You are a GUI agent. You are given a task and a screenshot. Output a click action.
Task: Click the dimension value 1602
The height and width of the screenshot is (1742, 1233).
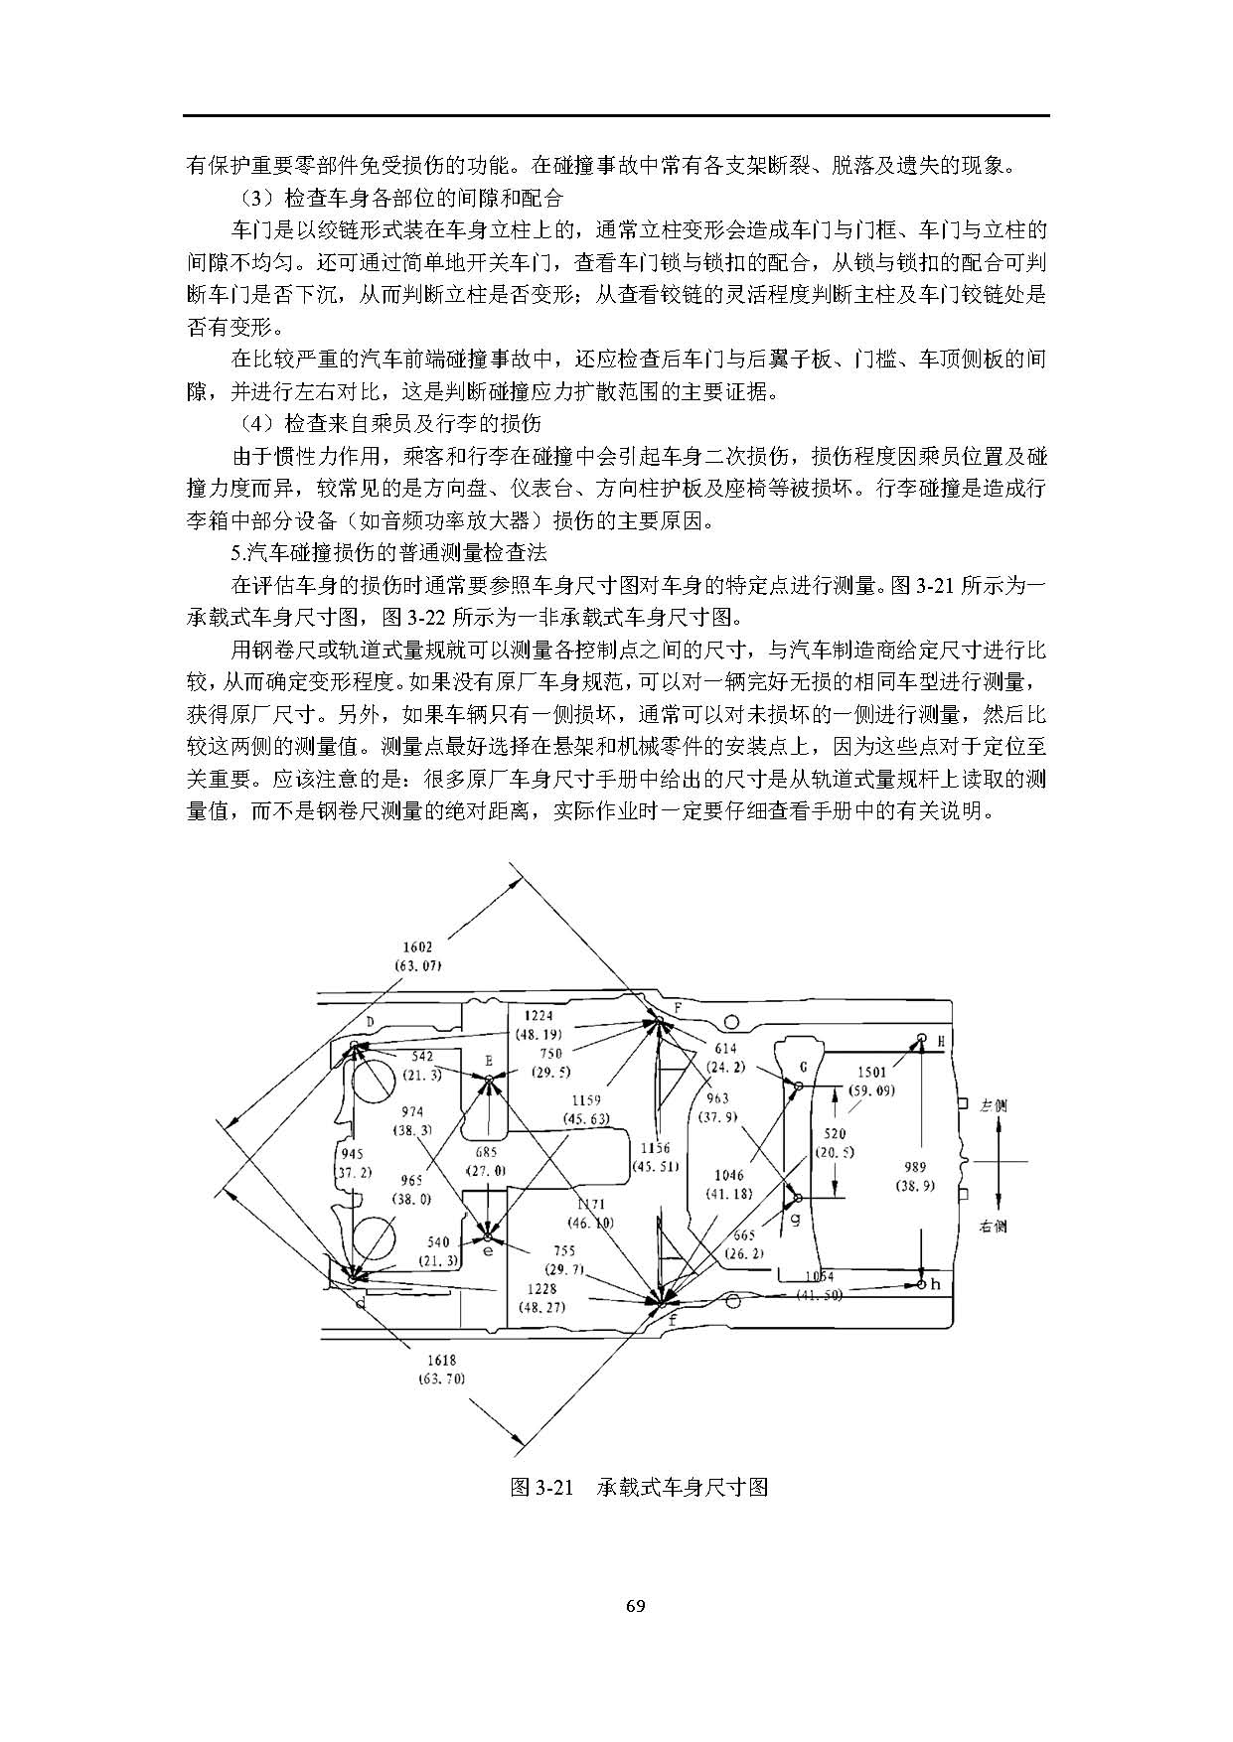pos(417,946)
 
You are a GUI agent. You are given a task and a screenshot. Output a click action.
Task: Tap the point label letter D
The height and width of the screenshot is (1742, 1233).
pos(370,1021)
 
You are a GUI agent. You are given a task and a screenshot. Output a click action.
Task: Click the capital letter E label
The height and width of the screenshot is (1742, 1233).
pos(489,1061)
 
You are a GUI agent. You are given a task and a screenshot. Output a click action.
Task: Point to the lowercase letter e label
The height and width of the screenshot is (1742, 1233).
pos(488,1251)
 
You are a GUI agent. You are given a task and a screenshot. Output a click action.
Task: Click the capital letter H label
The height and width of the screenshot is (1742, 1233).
pos(940,1040)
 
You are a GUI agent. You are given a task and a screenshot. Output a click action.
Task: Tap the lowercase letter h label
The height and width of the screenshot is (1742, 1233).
pos(935,1284)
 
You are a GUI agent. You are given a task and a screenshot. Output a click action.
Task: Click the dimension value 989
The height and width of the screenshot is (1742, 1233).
pos(913,1167)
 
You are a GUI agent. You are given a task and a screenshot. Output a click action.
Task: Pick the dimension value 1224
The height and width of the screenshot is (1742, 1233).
pos(538,1016)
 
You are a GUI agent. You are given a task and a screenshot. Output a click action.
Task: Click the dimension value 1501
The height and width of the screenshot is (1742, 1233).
pos(871,1073)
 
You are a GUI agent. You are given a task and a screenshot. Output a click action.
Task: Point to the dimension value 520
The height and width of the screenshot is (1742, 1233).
pos(835,1133)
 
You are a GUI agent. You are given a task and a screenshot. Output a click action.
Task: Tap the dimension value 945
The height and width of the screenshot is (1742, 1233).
pos(352,1154)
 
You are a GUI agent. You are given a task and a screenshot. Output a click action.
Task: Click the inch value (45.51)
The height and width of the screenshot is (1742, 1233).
pos(655,1166)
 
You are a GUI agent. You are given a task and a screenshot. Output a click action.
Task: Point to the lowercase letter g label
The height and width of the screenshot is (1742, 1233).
pos(794,1218)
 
